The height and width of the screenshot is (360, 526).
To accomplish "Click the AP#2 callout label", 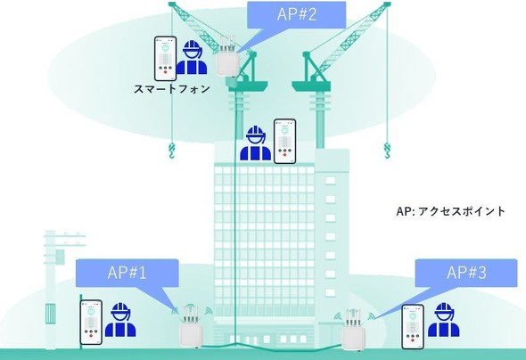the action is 297,14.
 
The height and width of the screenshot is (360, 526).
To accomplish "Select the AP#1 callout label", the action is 127,273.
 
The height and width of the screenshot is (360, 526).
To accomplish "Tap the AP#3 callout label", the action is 466,273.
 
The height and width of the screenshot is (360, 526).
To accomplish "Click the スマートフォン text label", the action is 172,89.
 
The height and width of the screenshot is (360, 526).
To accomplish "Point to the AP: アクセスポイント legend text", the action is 450,211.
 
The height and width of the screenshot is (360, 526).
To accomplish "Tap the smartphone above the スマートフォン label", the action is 166,59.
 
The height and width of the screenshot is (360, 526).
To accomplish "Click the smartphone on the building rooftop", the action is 284,141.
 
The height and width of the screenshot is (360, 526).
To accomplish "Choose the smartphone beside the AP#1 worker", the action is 91,322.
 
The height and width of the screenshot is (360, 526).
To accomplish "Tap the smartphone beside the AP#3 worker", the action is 413,326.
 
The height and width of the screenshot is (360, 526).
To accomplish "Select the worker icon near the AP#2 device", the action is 192,57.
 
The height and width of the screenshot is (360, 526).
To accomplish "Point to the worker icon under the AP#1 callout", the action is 120,319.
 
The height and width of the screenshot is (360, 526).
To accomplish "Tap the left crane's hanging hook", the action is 171,151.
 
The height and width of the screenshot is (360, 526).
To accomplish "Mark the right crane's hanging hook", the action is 387,151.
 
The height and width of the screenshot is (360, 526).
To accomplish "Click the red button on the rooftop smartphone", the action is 284,154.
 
